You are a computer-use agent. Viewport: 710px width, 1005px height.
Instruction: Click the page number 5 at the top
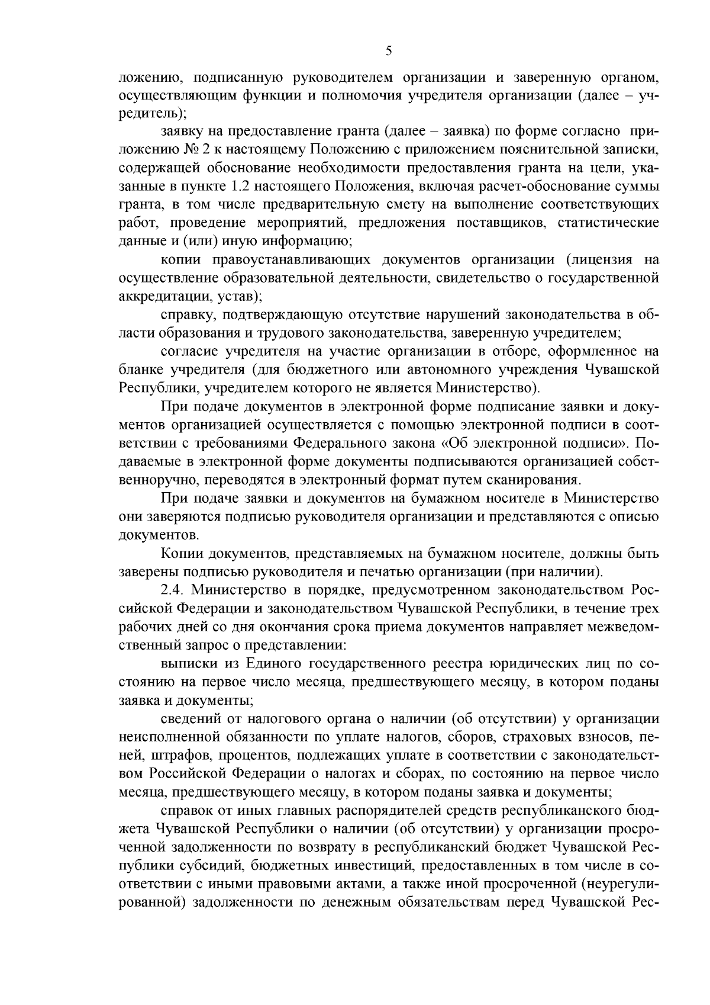tap(388, 52)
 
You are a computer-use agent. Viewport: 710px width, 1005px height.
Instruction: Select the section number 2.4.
tap(173, 590)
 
